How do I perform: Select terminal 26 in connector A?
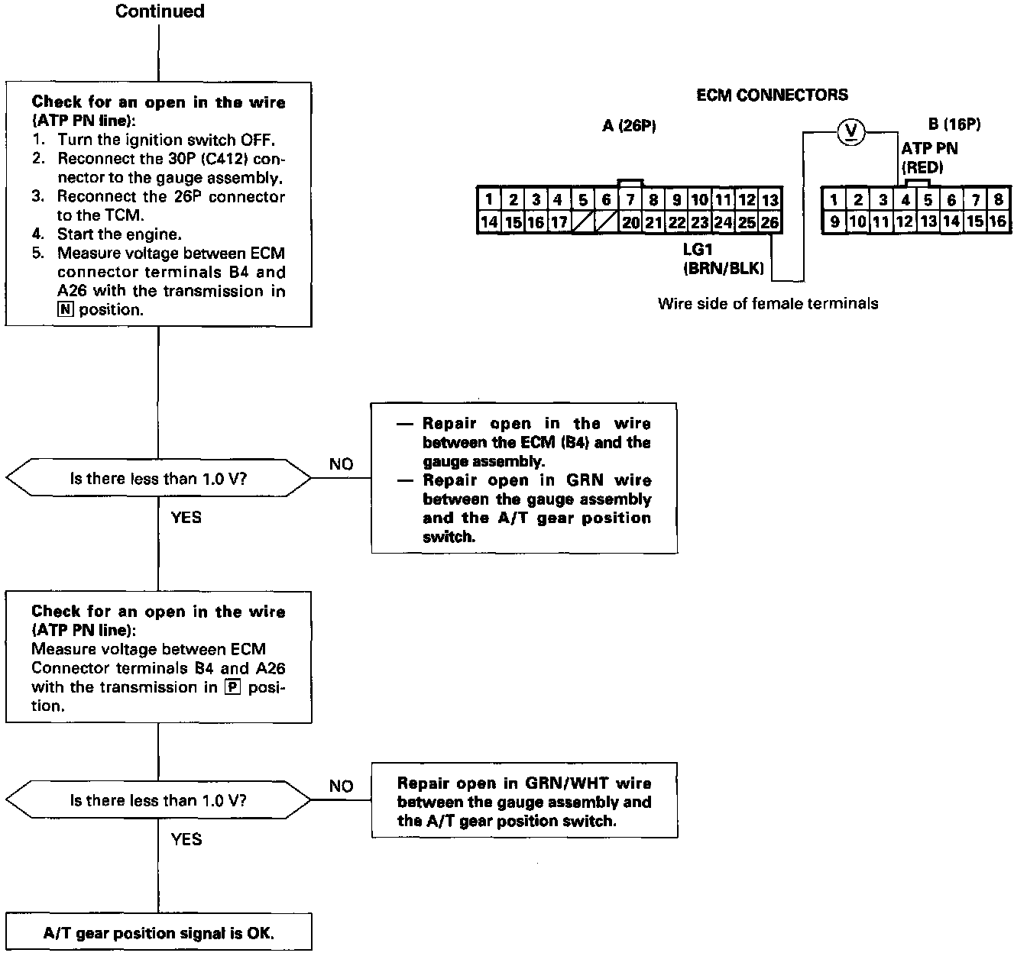click(770, 222)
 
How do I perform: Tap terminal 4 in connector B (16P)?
click(906, 200)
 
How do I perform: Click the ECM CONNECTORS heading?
click(772, 95)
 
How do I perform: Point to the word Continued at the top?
click(160, 11)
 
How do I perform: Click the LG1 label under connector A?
click(698, 250)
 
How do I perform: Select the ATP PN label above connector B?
click(929, 148)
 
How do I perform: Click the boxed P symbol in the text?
click(232, 687)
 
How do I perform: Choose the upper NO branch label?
click(341, 464)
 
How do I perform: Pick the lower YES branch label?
click(186, 839)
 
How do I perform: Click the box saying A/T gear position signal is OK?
click(159, 933)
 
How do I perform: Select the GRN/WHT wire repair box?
click(524, 802)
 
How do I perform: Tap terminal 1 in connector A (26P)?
click(489, 200)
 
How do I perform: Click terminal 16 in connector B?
click(996, 221)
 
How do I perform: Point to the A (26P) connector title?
click(629, 126)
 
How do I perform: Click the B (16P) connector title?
click(949, 124)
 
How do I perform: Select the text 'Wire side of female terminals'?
click(767, 304)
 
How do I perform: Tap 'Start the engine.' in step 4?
click(119, 234)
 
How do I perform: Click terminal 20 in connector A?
click(630, 222)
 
